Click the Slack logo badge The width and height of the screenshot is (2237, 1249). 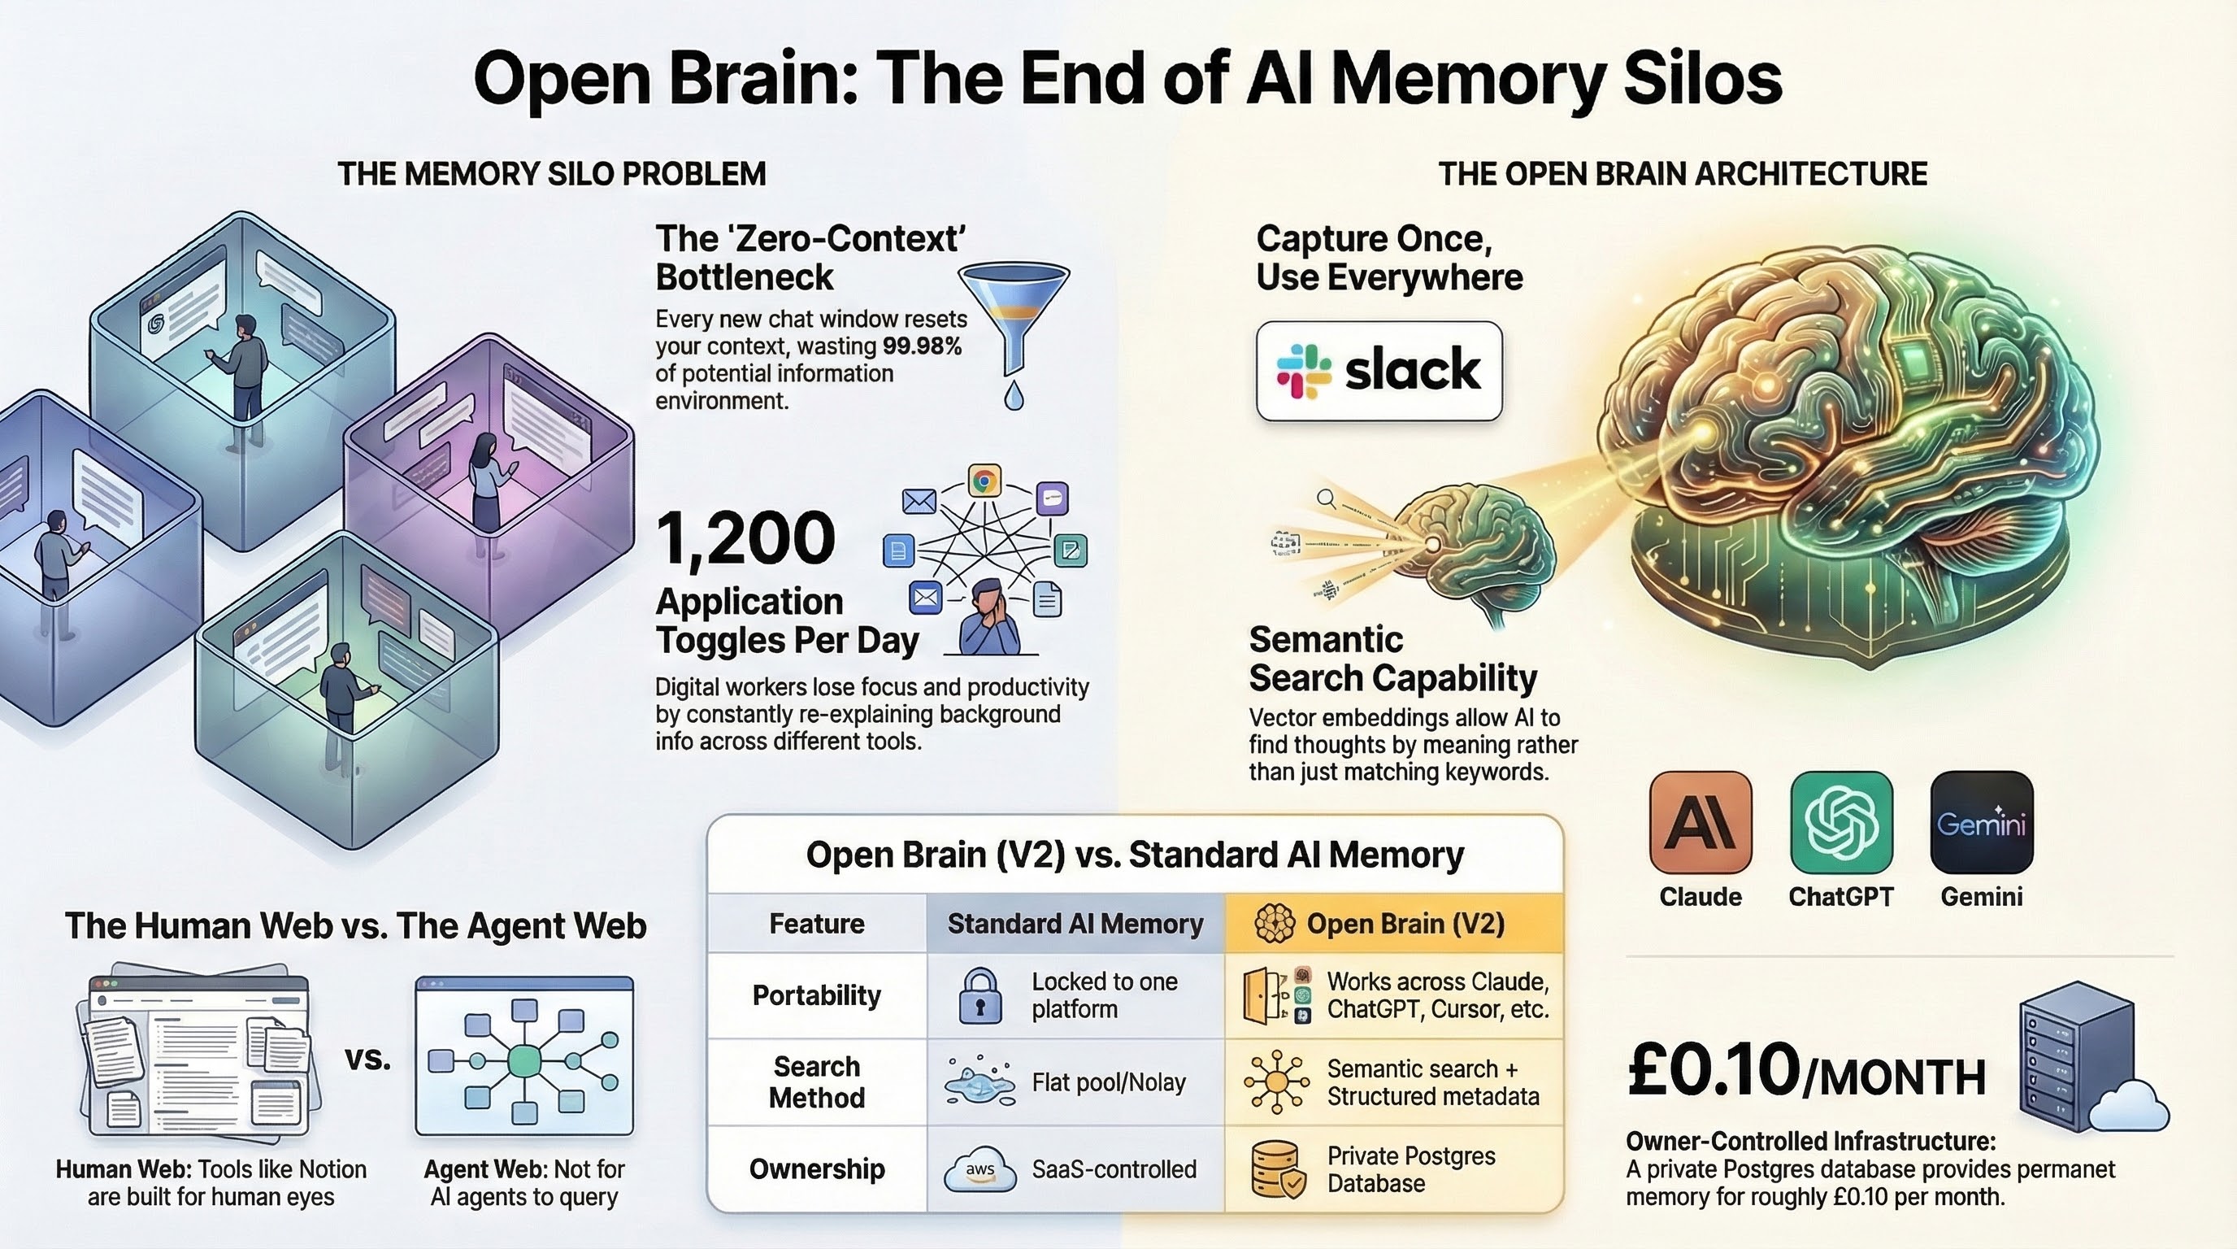[1378, 371]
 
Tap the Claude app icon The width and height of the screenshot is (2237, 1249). [1700, 821]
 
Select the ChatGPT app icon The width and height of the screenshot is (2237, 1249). [1841, 821]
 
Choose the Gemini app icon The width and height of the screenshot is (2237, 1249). [1981, 821]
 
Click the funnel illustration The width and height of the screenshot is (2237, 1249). [1013, 316]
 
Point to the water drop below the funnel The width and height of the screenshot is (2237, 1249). [1014, 397]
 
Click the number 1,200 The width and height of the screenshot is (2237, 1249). [745, 538]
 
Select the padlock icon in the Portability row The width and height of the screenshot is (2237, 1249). [980, 995]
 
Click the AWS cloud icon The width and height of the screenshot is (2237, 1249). [980, 1169]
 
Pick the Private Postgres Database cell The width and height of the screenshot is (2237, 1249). [1393, 1169]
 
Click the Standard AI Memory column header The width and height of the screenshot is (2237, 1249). [1075, 923]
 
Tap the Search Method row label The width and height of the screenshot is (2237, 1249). [816, 1082]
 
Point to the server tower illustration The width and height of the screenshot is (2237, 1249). [2075, 1055]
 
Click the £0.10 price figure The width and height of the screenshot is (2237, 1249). [1714, 1071]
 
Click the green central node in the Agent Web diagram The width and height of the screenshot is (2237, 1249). [523, 1060]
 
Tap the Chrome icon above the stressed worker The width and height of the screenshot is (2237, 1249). [984, 481]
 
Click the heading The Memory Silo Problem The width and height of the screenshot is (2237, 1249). [551, 174]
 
